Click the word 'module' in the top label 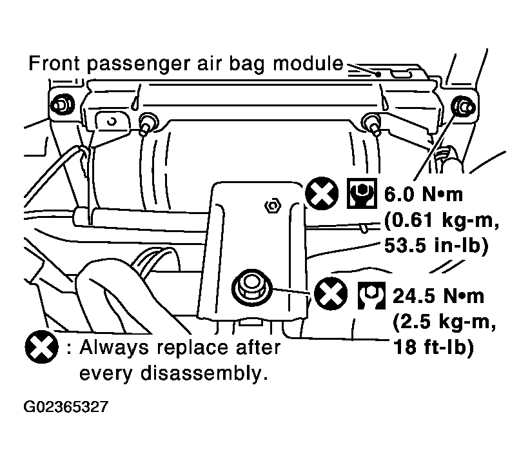click(308, 63)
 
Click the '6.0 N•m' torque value click(424, 194)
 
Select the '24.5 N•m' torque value click(438, 296)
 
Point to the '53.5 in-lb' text click(436, 246)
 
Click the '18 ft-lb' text click(434, 347)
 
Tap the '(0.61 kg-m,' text click(442, 221)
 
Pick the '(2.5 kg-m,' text click(444, 322)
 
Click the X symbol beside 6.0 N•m click(322, 193)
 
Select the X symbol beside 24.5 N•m click(331, 293)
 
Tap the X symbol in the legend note click(41, 347)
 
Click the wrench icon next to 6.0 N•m click(362, 193)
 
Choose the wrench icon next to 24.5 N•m click(371, 295)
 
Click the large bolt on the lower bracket click(252, 288)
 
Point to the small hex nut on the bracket click(273, 206)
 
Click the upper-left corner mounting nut click(62, 104)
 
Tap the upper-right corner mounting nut click(463, 106)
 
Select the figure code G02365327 click(66, 407)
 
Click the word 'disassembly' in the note click(201, 373)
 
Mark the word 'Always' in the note click(114, 348)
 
